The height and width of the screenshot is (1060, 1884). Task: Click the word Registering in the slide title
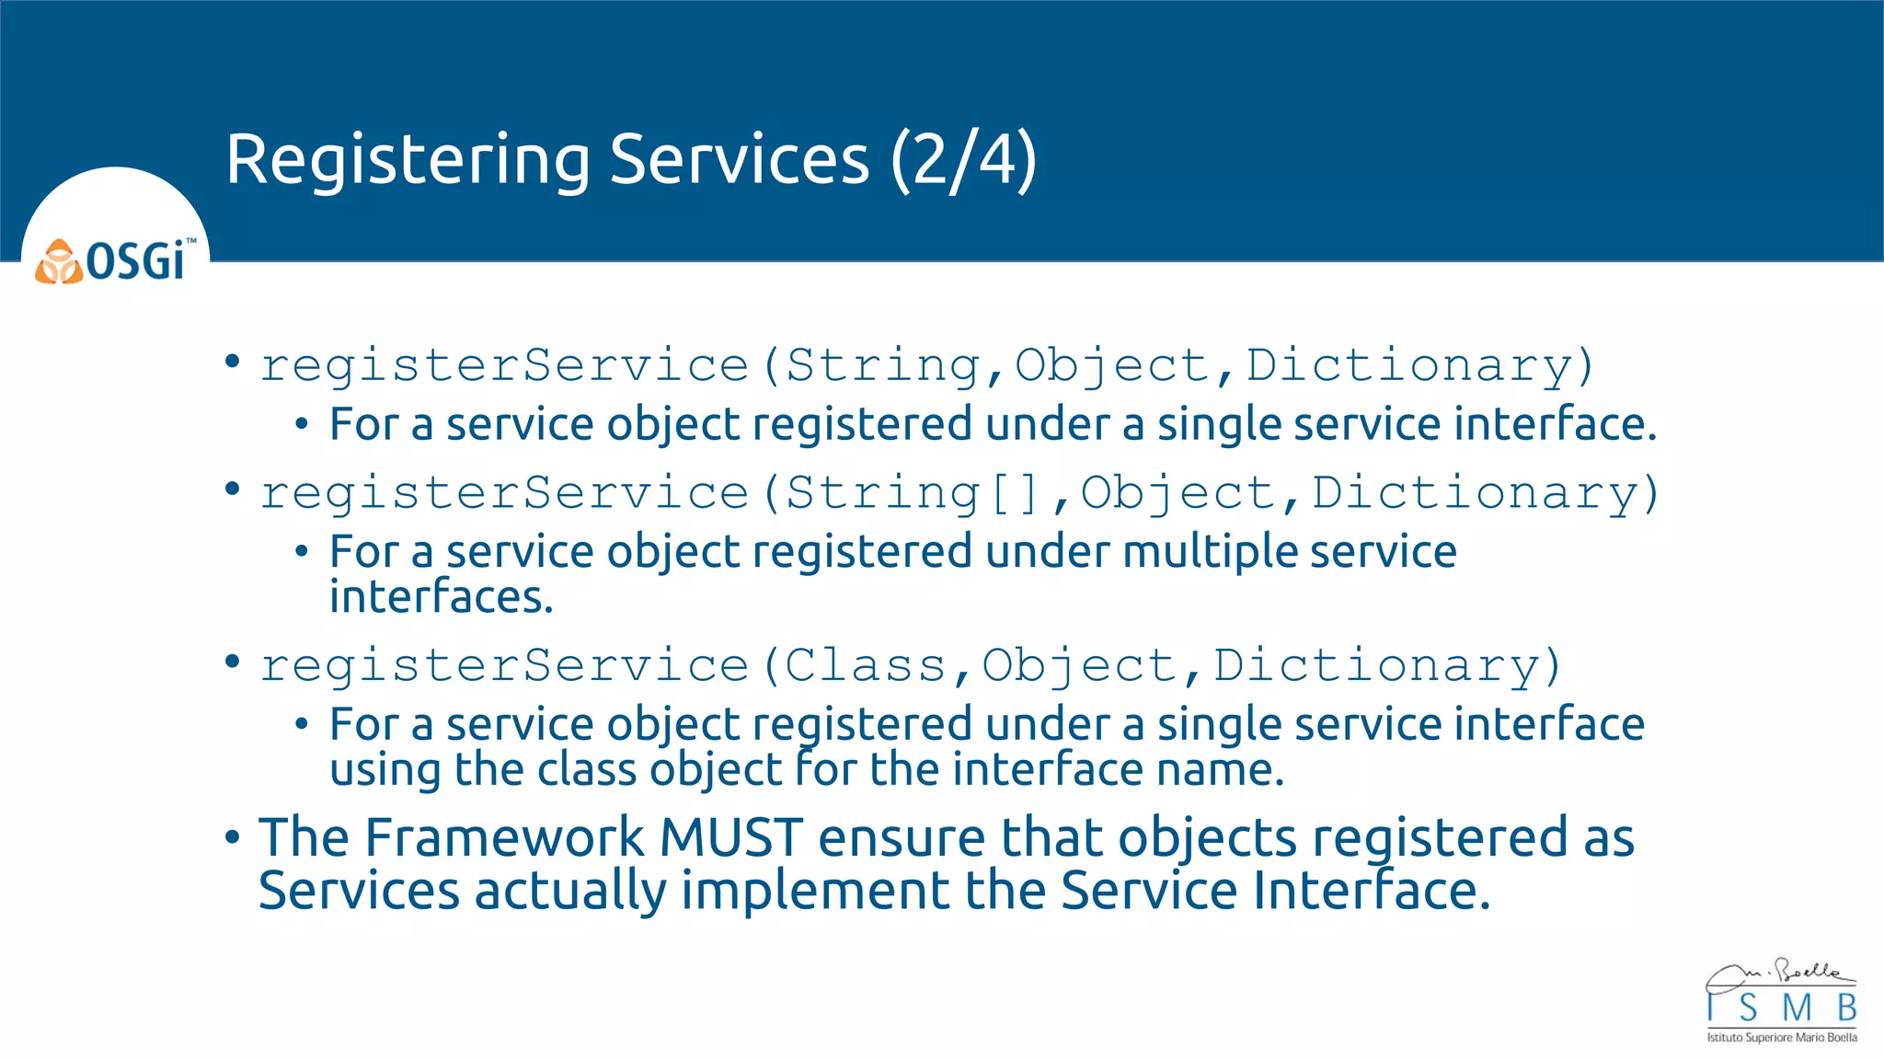(408, 161)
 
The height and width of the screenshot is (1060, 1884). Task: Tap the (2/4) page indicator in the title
(963, 161)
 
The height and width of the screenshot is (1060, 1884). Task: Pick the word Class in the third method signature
(865, 665)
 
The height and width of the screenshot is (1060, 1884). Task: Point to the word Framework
(504, 837)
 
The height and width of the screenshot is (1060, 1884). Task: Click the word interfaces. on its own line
(442, 597)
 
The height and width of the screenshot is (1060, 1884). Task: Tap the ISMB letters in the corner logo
(1782, 1008)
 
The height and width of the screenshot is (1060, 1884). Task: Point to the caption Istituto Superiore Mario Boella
(1782, 1038)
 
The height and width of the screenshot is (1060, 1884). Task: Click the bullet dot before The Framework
(233, 838)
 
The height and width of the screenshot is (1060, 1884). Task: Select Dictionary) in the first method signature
(1419, 366)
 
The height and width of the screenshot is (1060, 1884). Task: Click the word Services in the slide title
(739, 161)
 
